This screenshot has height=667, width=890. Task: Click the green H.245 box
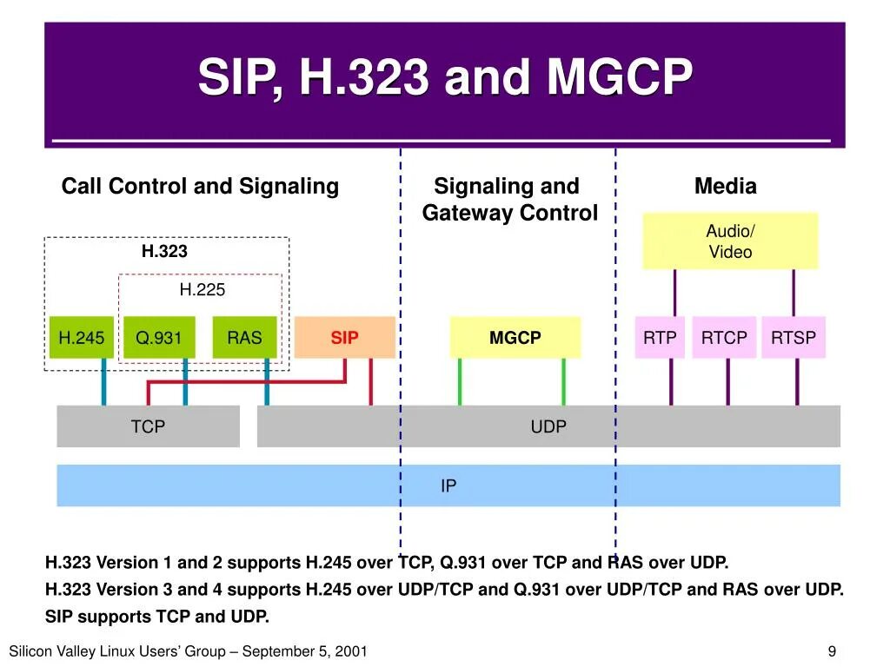click(x=81, y=338)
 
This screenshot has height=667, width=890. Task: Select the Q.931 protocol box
click(x=159, y=338)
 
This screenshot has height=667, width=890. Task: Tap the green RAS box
click(x=244, y=338)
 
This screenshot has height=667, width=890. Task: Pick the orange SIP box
click(x=344, y=338)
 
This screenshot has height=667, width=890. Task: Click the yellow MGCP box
click(x=515, y=338)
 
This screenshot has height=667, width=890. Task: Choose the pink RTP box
click(x=659, y=338)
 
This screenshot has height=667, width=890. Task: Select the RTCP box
click(x=724, y=338)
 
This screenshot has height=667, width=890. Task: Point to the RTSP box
click(x=794, y=338)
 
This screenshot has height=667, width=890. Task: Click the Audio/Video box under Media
click(x=730, y=241)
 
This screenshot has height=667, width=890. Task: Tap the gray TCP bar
click(x=148, y=426)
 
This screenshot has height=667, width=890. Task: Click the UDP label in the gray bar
click(x=548, y=426)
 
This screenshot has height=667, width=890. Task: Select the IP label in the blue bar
click(x=448, y=485)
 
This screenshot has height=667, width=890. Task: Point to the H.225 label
click(x=202, y=290)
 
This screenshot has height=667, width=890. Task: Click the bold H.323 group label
click(x=164, y=252)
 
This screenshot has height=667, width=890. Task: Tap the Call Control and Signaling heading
click(x=200, y=186)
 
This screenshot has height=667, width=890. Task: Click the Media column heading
click(x=725, y=186)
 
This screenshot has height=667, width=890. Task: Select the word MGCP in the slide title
click(x=620, y=78)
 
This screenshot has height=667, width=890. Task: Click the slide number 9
click(x=832, y=651)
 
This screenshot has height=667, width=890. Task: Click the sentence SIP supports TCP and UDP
click(x=157, y=617)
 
